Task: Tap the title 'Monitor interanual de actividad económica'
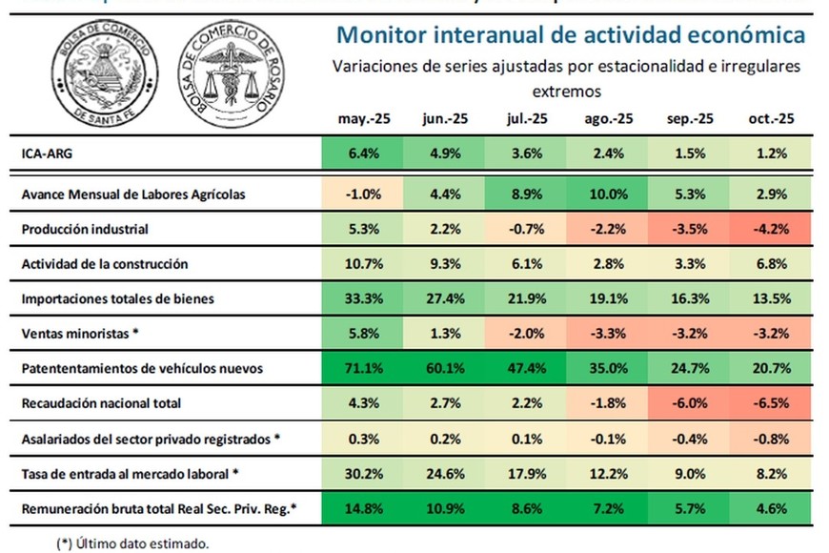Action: pyautogui.click(x=570, y=36)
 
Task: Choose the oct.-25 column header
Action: pyautogui.click(x=772, y=119)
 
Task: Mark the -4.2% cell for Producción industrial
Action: pyautogui.click(x=772, y=229)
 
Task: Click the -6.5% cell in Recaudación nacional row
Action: pyautogui.click(x=772, y=403)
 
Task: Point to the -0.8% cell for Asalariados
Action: pyautogui.click(x=772, y=439)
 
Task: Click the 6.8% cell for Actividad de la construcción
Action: pyautogui.click(x=772, y=264)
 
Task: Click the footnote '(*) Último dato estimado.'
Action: pyautogui.click(x=132, y=543)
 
